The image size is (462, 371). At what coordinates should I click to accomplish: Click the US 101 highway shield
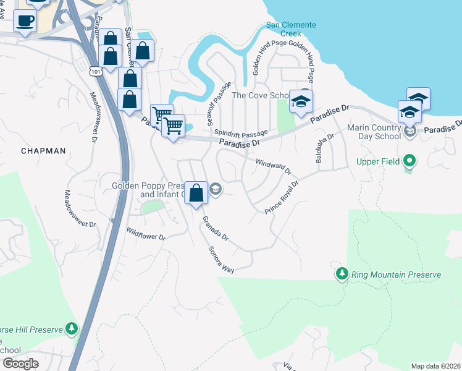coord(94,72)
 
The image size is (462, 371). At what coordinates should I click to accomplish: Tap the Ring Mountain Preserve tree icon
coord(342,273)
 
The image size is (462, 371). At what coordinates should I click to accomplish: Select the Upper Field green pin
coord(408,162)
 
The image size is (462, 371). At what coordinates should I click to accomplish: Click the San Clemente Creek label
coord(291,29)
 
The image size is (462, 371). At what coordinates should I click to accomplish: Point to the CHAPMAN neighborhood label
coord(43,150)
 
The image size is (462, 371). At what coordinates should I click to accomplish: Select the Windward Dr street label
coord(272,167)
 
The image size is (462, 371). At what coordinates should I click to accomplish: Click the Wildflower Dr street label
coord(146,234)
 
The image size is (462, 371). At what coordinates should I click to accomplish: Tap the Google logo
coord(20,364)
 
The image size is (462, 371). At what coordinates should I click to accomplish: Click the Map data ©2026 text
coord(435,366)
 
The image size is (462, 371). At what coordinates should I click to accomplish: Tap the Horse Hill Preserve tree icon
coord(72,328)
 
